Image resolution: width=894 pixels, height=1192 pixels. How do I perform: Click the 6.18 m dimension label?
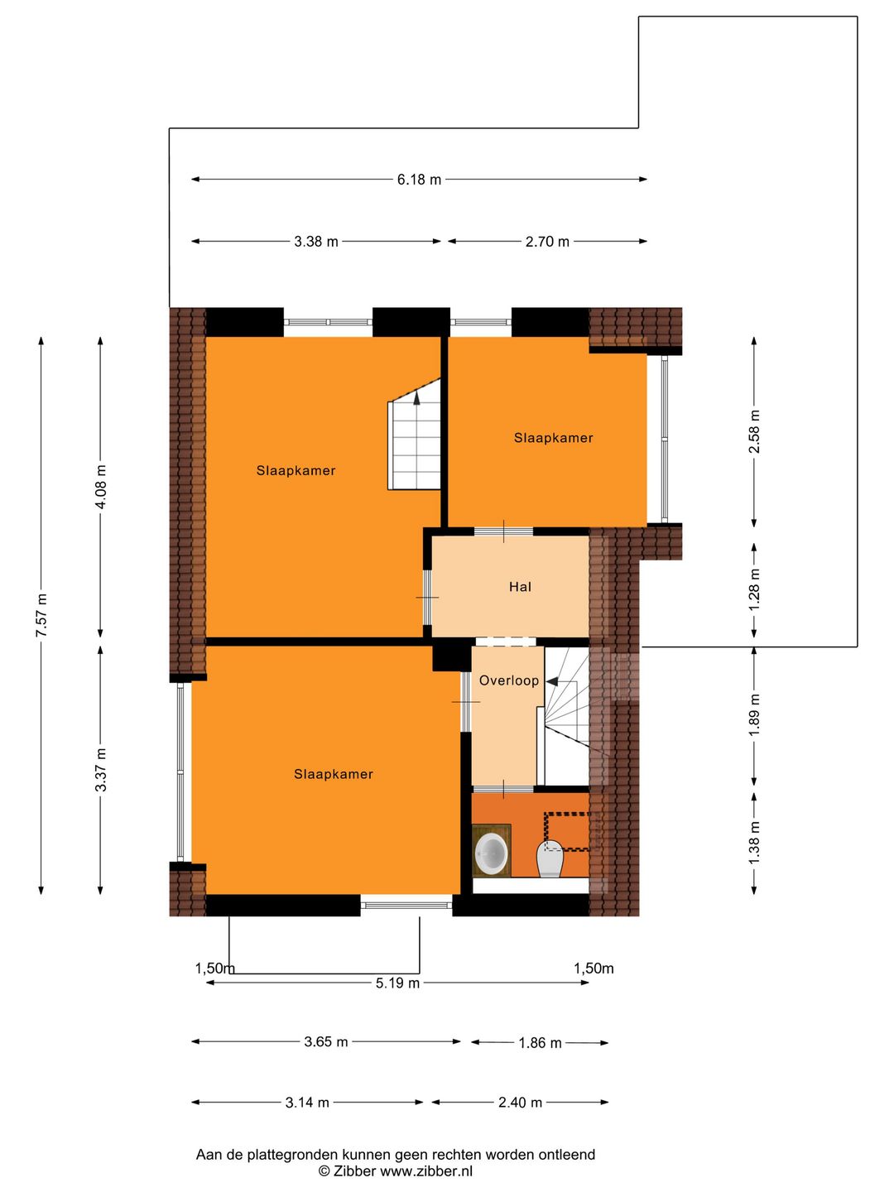[419, 180]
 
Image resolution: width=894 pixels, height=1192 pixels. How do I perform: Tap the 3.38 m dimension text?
[316, 242]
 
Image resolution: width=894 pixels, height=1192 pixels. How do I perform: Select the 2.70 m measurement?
[547, 242]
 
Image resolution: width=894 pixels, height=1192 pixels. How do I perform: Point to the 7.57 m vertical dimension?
[42, 615]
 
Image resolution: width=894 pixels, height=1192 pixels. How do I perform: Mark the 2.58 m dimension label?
[754, 431]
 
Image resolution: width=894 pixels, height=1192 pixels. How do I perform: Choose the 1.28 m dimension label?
[754, 589]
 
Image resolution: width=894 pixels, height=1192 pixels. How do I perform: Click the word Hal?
[520, 587]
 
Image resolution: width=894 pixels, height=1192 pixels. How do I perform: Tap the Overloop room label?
[508, 680]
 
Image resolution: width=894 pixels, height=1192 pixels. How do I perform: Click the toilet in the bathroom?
[550, 858]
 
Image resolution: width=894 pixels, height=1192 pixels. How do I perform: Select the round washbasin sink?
[492, 853]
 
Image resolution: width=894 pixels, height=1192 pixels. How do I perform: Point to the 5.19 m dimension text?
[397, 983]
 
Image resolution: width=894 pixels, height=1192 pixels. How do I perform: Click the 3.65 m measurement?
[325, 1042]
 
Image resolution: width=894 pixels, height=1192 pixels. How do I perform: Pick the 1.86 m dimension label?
[540, 1043]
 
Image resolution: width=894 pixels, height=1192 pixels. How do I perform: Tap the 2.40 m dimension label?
[520, 1103]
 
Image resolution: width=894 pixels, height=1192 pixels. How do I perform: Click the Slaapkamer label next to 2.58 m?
[553, 438]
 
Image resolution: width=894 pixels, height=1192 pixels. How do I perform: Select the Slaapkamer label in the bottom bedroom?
[333, 774]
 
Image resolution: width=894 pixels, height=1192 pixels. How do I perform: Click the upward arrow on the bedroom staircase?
[416, 397]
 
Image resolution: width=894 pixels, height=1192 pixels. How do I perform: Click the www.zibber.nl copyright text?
[396, 1171]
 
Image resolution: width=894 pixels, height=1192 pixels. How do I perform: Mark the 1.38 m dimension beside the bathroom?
[754, 843]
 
